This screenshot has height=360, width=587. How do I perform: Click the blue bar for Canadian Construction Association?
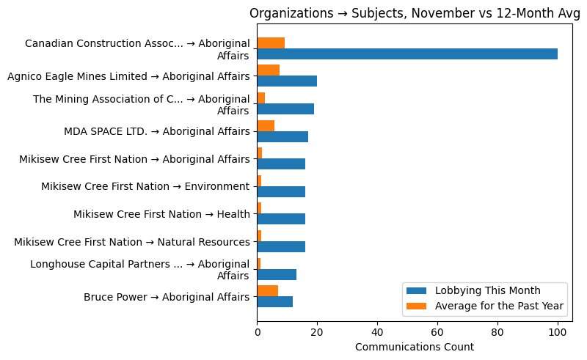click(x=407, y=54)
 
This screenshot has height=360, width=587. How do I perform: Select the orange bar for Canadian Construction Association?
click(x=271, y=43)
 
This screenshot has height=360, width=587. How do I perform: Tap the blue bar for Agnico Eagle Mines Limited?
click(x=287, y=81)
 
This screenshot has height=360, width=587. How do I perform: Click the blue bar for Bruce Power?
click(x=275, y=301)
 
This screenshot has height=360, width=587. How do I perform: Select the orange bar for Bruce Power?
click(x=268, y=291)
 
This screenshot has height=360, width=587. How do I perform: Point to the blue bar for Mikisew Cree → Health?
click(x=281, y=219)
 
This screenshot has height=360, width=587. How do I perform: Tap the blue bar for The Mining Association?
click(x=285, y=109)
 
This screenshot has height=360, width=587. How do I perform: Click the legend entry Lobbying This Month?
click(x=488, y=289)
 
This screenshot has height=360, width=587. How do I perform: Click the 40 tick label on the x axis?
click(x=377, y=331)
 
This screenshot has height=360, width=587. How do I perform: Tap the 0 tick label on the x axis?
click(x=258, y=331)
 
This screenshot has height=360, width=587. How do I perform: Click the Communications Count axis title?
click(x=414, y=347)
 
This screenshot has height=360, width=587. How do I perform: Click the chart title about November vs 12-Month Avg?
click(x=414, y=13)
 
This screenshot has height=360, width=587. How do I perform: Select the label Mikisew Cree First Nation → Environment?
click(x=145, y=186)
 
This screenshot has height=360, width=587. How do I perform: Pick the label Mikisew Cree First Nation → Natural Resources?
click(x=132, y=242)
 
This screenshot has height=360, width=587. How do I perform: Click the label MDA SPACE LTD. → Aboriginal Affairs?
click(x=157, y=131)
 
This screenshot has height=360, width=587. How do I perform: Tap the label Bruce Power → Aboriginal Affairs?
click(x=167, y=297)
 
